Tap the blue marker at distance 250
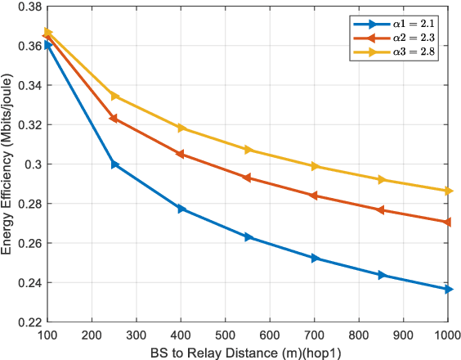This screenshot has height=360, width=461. click(114, 164)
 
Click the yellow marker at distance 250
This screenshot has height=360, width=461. click(114, 97)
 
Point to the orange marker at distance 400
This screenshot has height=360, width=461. click(181, 155)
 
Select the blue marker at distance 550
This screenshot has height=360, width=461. click(248, 237)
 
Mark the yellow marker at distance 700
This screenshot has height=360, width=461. click(315, 166)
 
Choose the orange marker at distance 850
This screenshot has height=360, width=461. click(381, 210)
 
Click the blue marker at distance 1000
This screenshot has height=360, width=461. click(448, 289)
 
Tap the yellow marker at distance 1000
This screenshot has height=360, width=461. click(448, 191)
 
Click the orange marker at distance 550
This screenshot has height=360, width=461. click(248, 178)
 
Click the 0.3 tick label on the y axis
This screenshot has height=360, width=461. click(34, 164)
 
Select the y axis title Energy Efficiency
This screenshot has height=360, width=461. click(8, 164)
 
